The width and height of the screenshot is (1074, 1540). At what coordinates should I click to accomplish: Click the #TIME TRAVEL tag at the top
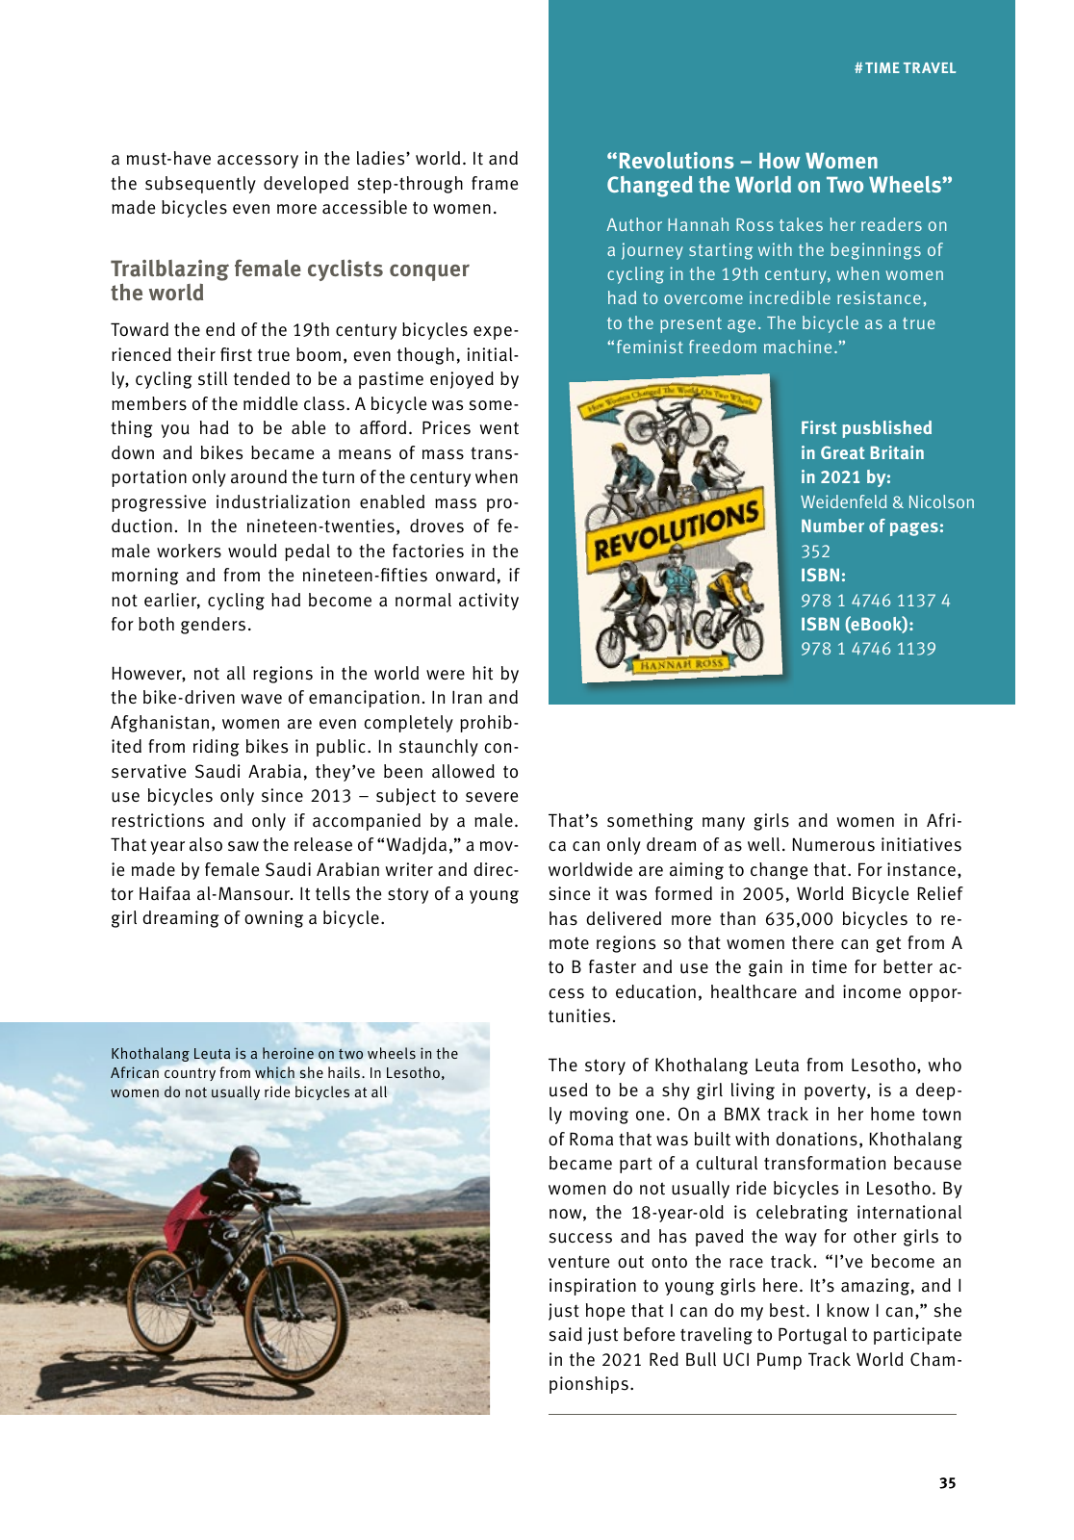pos(905,68)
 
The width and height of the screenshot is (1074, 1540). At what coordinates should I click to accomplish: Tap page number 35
pos(947,1483)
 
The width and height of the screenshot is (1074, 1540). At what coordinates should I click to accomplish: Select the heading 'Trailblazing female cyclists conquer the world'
pos(290,281)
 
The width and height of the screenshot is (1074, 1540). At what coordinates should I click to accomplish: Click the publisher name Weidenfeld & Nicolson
pos(887,502)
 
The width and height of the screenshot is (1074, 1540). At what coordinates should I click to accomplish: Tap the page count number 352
pos(815,552)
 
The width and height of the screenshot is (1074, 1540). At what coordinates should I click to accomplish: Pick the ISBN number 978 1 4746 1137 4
pos(875,601)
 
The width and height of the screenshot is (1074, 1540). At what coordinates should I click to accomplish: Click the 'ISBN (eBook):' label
pos(857,625)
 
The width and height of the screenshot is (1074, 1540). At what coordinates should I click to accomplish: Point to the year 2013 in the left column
pos(331,796)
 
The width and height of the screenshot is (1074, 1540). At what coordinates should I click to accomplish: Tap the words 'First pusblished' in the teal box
pos(866,428)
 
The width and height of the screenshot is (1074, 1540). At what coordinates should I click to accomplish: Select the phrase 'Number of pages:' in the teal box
pos(872,526)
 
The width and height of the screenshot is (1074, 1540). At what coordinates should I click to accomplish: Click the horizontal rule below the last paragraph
pos(752,1414)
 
